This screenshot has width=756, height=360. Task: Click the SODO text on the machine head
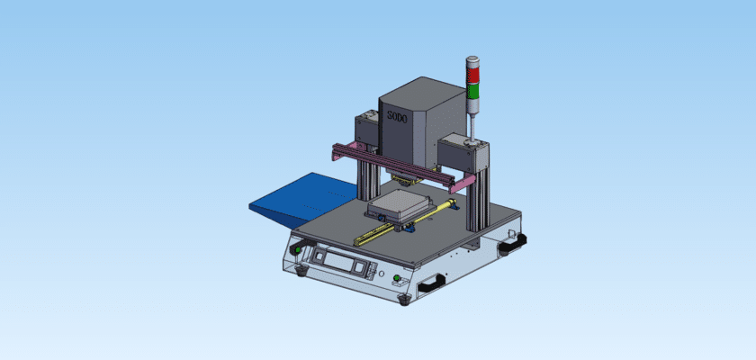click(x=396, y=117)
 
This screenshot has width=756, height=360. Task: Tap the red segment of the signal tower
click(x=472, y=70)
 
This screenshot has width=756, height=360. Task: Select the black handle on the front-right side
click(x=430, y=283)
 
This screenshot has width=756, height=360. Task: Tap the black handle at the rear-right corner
click(x=514, y=241)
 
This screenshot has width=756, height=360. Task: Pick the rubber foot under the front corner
click(x=402, y=298)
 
